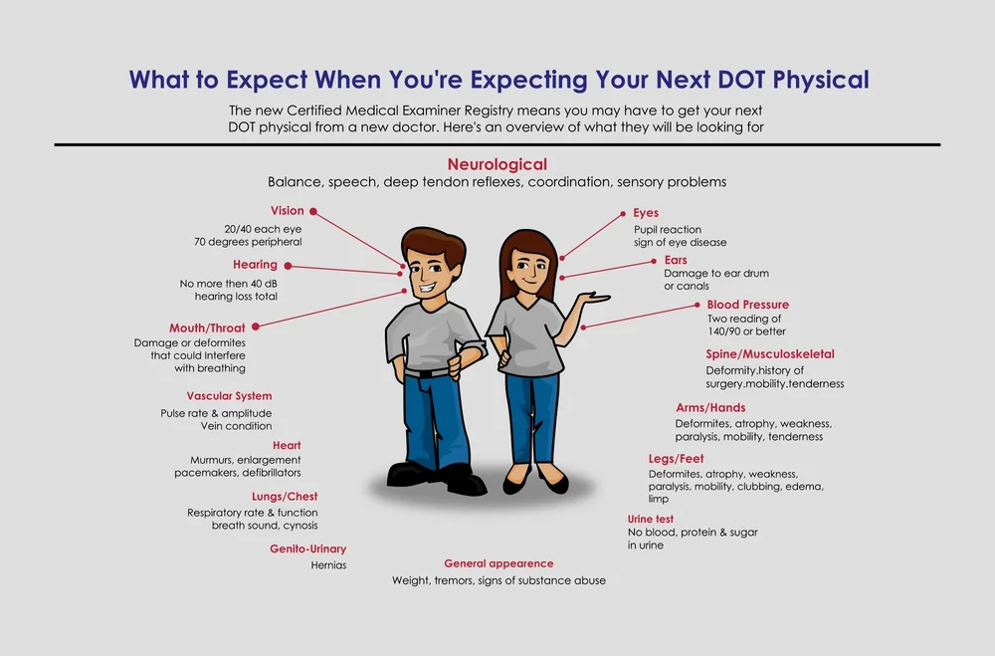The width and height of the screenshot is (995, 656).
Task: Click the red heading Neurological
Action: pos(497,164)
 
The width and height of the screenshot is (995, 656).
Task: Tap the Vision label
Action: pos(287,211)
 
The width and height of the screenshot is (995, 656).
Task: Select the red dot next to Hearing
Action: pos(288,265)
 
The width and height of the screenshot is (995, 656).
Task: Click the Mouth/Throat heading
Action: pos(207,328)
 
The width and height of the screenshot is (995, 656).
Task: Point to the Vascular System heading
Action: pos(229,396)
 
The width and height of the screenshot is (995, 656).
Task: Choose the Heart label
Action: pos(287,446)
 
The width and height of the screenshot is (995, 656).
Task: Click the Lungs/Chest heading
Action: pos(285,497)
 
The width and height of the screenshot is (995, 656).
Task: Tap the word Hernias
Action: pos(329,564)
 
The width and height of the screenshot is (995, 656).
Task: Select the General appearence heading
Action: pos(498,563)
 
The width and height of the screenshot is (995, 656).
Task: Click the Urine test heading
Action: pos(650,520)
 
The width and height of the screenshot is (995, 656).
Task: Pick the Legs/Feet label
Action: pos(676,459)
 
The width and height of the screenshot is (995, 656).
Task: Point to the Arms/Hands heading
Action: pos(710,408)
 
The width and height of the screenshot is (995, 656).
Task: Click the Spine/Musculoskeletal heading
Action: pos(770,354)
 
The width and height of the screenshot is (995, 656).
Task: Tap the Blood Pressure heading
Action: pos(747,305)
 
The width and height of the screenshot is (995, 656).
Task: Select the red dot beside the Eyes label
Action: pos(623,213)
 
